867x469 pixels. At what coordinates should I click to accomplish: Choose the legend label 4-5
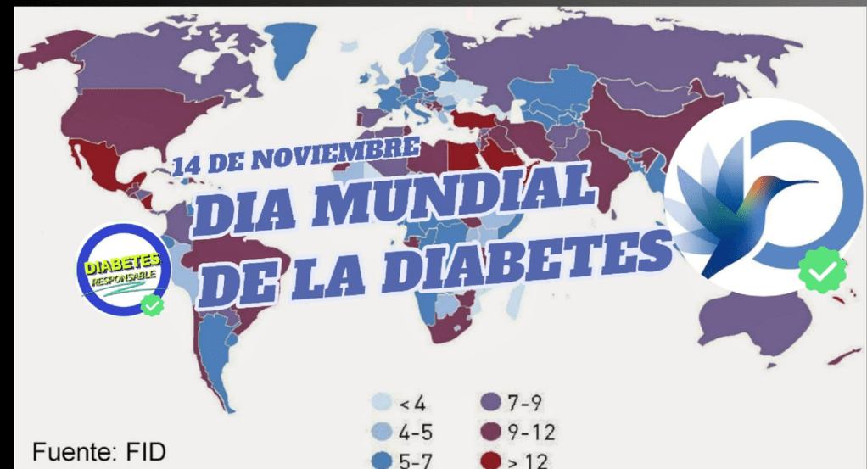point(416,433)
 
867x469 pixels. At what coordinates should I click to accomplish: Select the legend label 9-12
point(531,433)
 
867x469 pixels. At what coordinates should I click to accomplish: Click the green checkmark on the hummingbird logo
point(821,271)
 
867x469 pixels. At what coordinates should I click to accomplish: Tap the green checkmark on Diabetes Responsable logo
point(152,304)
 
